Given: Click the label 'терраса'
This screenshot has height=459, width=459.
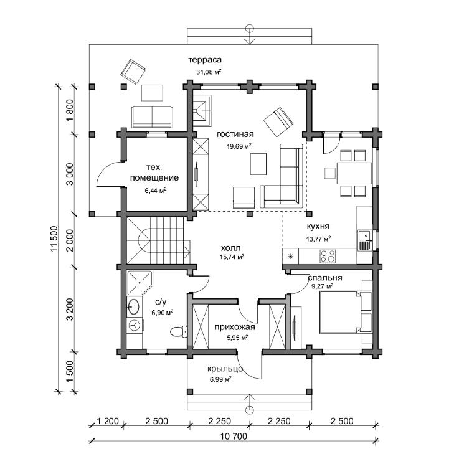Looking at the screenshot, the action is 205,60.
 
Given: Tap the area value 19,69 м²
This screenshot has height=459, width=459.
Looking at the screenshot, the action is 239,146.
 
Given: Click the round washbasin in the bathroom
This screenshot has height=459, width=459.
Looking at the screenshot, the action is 133,306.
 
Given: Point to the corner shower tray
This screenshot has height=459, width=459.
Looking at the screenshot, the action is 139,283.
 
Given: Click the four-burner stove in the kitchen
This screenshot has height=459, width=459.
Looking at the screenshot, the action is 328,256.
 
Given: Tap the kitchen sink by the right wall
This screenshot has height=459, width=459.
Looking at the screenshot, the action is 364,240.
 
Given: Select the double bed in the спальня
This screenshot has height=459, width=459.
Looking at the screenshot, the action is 341,312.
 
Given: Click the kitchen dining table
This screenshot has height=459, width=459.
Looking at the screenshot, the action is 354,174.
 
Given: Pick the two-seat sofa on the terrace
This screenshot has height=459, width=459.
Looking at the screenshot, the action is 152,117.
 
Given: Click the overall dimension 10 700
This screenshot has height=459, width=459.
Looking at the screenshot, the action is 234,437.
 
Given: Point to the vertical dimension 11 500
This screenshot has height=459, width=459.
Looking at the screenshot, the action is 54,239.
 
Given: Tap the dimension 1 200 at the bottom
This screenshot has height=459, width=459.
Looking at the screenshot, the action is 108,421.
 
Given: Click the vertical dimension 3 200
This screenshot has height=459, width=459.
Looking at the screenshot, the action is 70,310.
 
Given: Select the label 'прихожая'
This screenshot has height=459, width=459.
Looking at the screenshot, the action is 235,327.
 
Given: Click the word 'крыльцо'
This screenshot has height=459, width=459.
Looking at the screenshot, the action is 225,369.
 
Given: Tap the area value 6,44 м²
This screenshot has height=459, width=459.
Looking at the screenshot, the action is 156,191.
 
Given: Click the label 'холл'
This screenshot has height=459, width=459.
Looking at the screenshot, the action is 230,248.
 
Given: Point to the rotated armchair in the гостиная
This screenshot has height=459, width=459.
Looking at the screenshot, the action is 278,122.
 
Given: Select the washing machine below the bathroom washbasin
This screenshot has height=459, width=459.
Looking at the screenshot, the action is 135,325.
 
